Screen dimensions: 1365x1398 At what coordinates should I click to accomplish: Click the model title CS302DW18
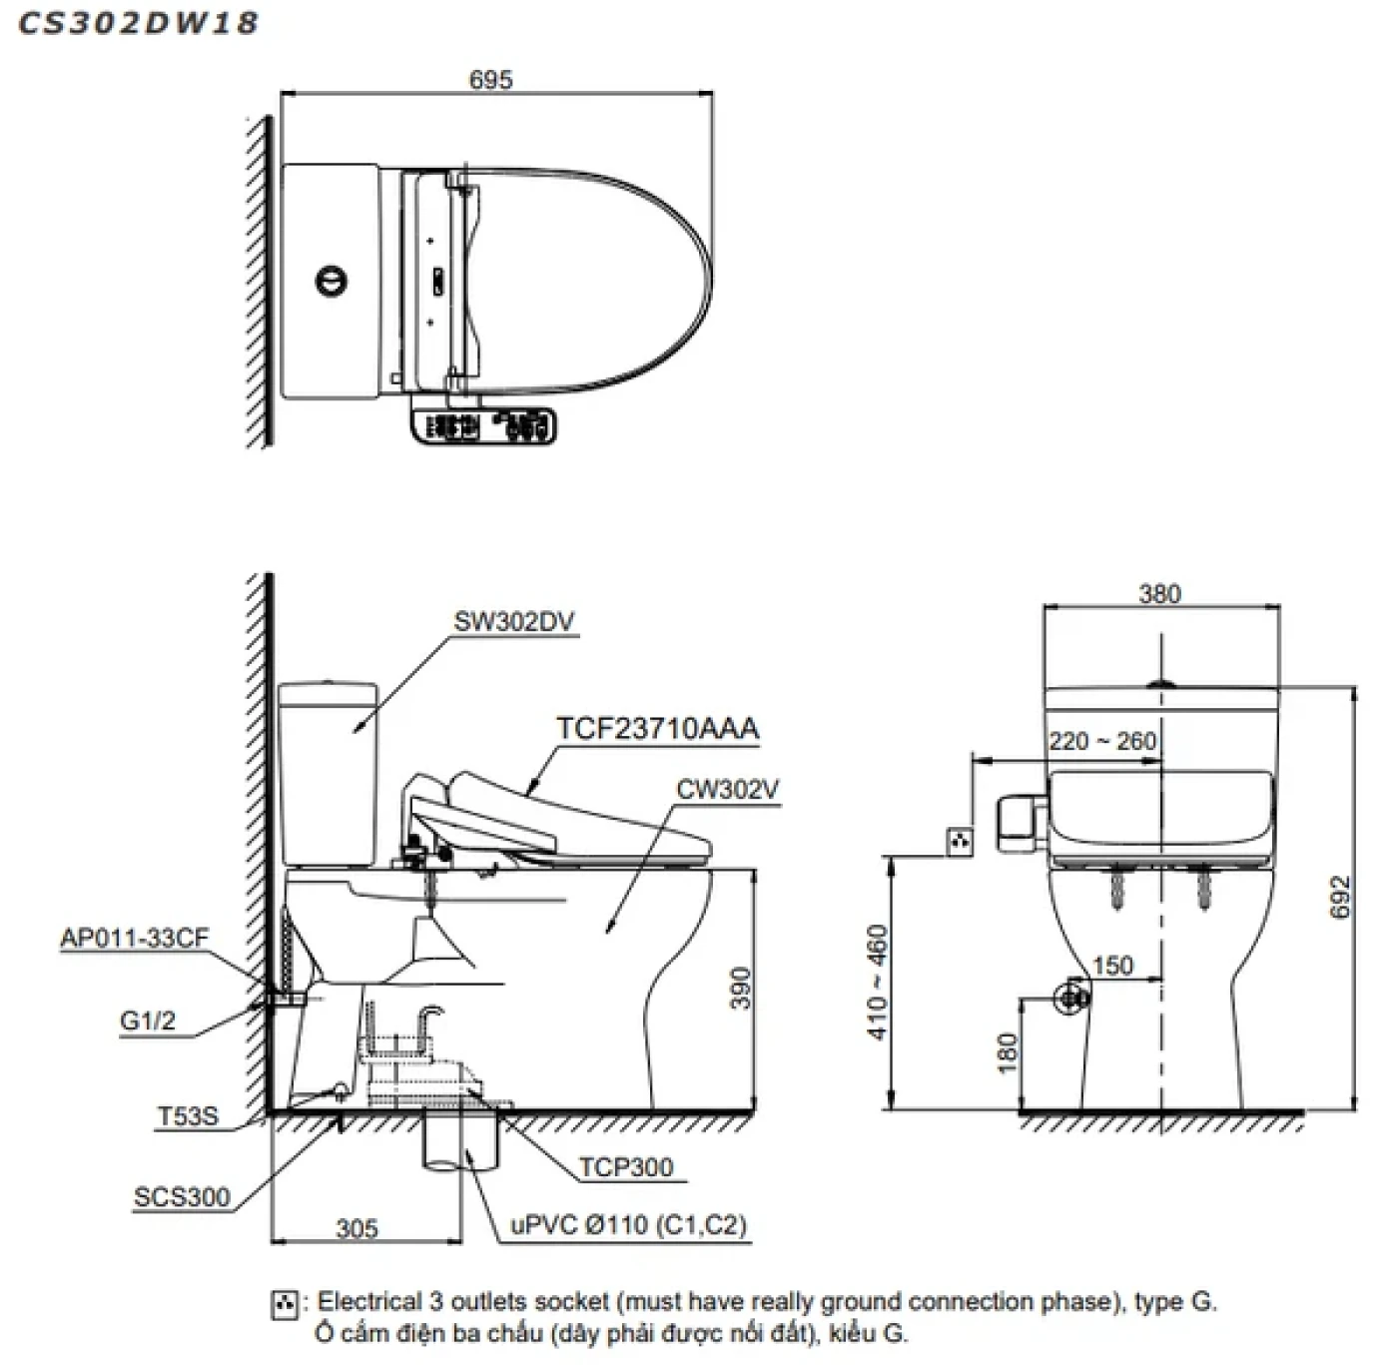click(x=139, y=24)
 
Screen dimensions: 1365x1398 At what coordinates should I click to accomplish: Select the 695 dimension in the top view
click(x=491, y=80)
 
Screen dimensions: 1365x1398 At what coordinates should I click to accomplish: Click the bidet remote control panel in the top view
click(x=483, y=427)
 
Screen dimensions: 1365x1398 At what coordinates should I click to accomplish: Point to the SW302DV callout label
click(x=514, y=621)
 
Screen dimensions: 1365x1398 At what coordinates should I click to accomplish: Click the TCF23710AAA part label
click(x=658, y=728)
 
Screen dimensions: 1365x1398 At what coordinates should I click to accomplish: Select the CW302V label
click(x=728, y=789)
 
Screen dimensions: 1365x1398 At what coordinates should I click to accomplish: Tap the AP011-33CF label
click(x=135, y=939)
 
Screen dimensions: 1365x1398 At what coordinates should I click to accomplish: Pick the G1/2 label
click(x=148, y=1021)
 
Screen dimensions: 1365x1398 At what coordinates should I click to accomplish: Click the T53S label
click(x=187, y=1116)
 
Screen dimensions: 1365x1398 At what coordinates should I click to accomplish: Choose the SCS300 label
click(x=182, y=1196)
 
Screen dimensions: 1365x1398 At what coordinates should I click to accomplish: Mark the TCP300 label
click(x=626, y=1166)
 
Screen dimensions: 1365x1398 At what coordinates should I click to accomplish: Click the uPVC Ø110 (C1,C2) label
click(x=629, y=1225)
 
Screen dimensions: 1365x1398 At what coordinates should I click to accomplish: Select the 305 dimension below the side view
click(x=356, y=1227)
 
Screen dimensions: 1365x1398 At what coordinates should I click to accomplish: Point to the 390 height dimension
click(x=740, y=988)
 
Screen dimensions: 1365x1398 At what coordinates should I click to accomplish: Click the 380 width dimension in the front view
click(x=1159, y=594)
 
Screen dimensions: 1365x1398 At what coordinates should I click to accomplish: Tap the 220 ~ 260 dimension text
click(x=1102, y=741)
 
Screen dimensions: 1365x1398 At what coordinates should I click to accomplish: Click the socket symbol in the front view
click(x=960, y=842)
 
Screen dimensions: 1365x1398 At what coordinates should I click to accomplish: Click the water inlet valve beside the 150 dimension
click(x=1072, y=996)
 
